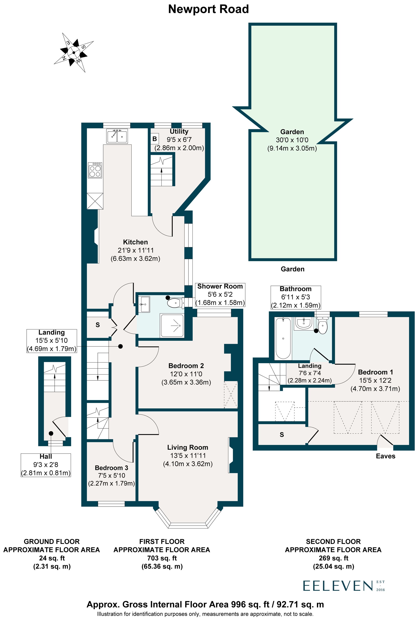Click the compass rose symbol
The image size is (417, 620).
(x=74, y=52)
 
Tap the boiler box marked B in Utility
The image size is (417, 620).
(x=154, y=139)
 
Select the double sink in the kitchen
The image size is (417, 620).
(x=117, y=136)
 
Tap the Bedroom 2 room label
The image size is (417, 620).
(x=186, y=366)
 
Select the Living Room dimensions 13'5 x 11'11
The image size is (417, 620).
(x=188, y=456)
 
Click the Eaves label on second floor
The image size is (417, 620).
(x=385, y=456)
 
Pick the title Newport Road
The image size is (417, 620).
(x=208, y=9)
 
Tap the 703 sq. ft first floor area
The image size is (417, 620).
(x=162, y=558)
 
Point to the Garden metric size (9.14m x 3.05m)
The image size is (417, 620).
(x=292, y=148)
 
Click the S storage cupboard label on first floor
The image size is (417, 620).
(x=98, y=325)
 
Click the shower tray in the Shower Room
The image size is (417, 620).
(x=172, y=325)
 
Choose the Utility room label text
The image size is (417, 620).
(x=179, y=131)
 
